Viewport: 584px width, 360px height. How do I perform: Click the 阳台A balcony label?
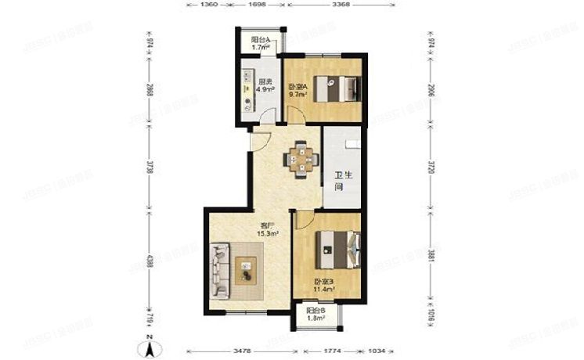tap(260, 41)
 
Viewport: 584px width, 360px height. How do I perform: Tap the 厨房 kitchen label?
tap(265, 82)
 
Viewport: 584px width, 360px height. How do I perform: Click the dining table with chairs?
tap(301, 158)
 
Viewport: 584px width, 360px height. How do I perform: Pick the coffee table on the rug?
tap(247, 270)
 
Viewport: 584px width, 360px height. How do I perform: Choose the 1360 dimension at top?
tap(208, 5)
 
